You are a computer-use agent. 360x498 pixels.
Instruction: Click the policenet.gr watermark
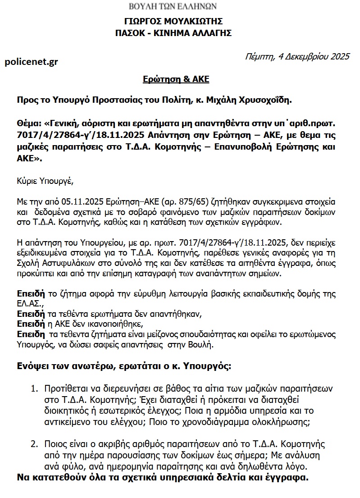pos(31,62)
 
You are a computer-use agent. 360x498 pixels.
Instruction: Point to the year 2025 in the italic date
pos(340,57)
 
